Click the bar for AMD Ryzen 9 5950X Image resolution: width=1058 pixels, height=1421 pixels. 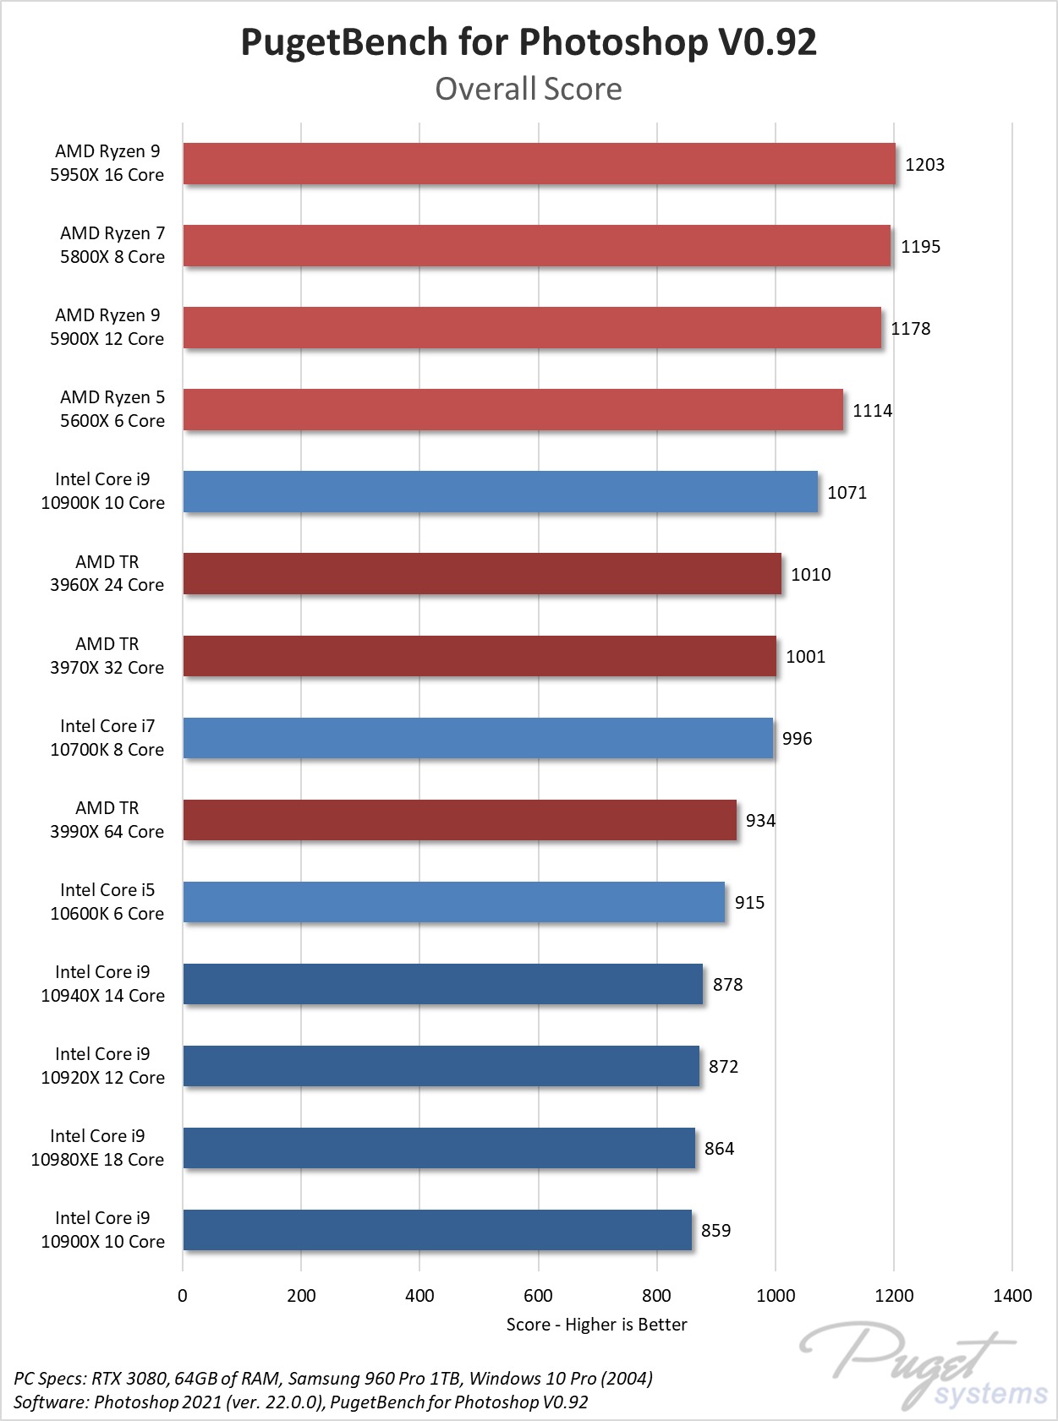pyautogui.click(x=539, y=164)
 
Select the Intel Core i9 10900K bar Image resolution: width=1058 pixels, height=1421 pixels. pyautogui.click(x=500, y=492)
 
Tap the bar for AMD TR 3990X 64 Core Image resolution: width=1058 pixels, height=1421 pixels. pyautogui.click(x=459, y=820)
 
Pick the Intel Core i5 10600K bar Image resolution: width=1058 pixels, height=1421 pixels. pyautogui.click(x=453, y=902)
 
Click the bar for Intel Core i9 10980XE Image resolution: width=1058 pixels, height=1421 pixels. pyautogui.click(x=439, y=1148)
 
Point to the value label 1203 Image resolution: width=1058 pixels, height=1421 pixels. pyautogui.click(x=924, y=165)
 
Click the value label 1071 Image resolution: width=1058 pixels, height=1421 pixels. pyautogui.click(x=847, y=493)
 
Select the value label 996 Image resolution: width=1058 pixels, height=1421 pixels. pyautogui.click(x=797, y=739)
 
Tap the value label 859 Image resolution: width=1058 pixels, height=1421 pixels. pyautogui.click(x=715, y=1231)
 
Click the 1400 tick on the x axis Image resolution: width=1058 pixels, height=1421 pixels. pyautogui.click(x=1012, y=1296)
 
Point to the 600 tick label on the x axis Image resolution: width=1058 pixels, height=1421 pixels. pyautogui.click(x=538, y=1296)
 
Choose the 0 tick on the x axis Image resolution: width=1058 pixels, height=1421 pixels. pyautogui.click(x=183, y=1296)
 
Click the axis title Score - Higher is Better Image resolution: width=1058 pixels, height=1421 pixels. pyautogui.click(x=596, y=1325)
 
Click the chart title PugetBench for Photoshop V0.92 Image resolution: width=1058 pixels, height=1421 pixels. pyautogui.click(x=529, y=42)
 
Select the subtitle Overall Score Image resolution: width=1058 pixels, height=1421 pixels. pyautogui.click(x=529, y=89)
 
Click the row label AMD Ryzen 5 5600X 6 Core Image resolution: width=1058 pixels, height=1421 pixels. pyautogui.click(x=112, y=409)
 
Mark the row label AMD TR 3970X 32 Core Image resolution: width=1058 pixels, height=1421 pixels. pyautogui.click(x=107, y=656)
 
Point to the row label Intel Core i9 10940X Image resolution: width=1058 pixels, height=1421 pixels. pyautogui.click(x=102, y=984)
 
